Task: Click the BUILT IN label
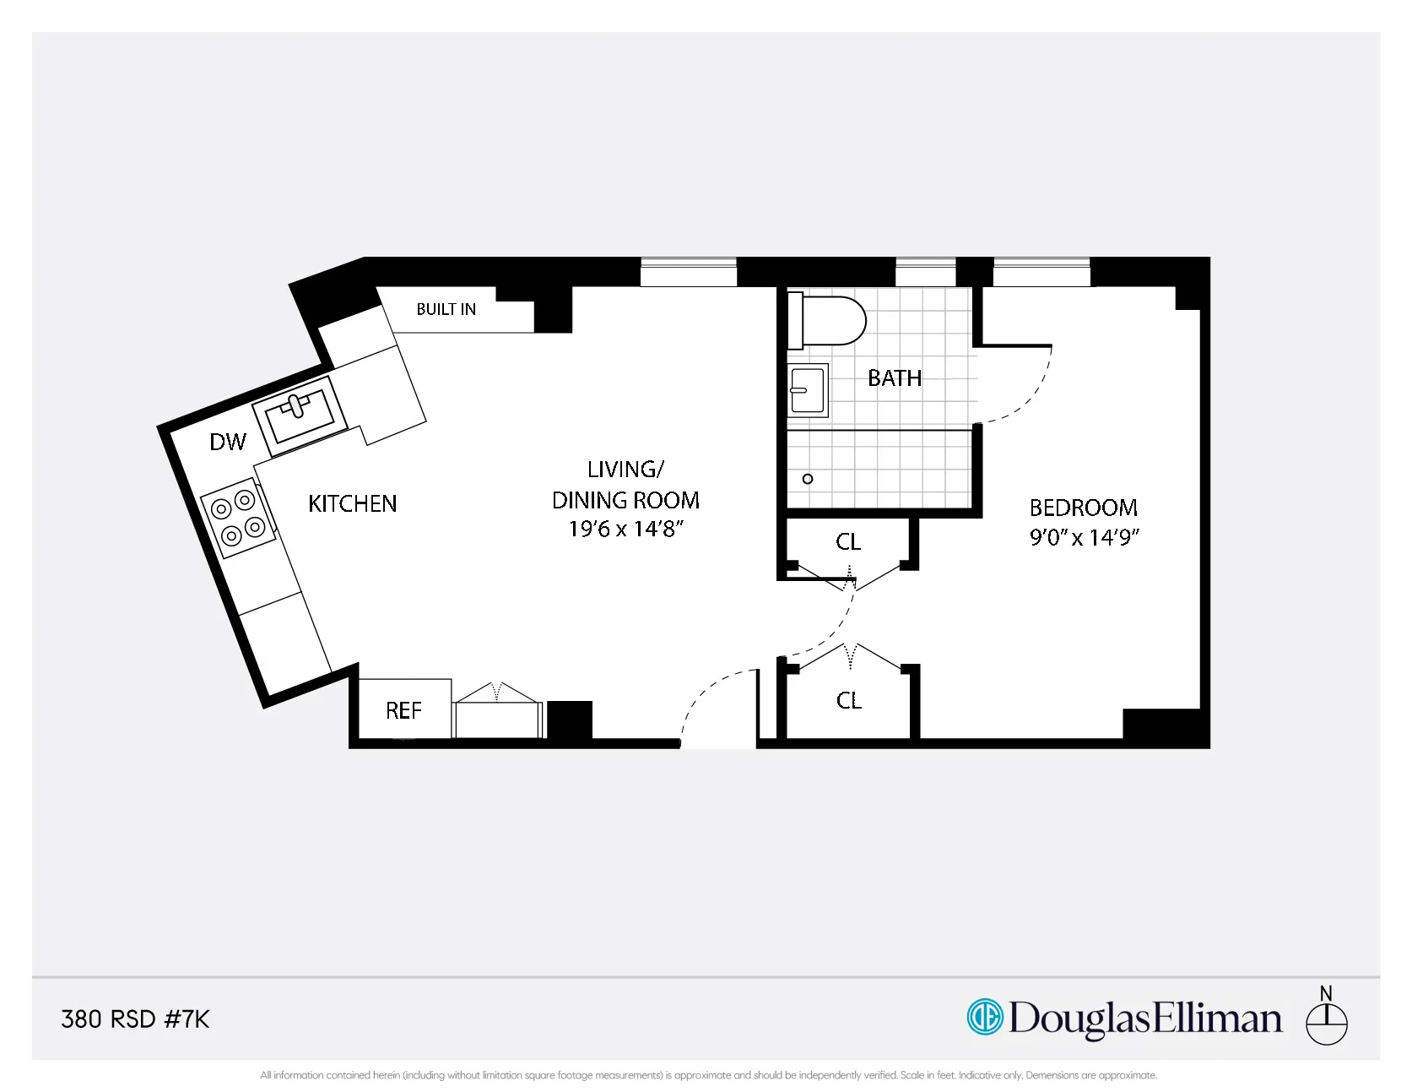tap(446, 309)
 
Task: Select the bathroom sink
tap(808, 390)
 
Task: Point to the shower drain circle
tap(808, 479)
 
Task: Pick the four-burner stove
tap(238, 517)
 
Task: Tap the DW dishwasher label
tap(228, 442)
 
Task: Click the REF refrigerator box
tap(403, 710)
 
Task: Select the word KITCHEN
tap(352, 503)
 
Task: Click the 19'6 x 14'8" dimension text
tap(625, 530)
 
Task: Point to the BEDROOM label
tap(1083, 508)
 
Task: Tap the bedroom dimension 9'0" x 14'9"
tap(1084, 537)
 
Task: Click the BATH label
tap(895, 378)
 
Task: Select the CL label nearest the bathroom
tap(848, 541)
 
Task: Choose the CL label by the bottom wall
tap(849, 700)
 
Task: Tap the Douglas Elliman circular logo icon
tap(984, 1016)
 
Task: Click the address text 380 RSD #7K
tap(135, 1019)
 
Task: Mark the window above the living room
tap(689, 272)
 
